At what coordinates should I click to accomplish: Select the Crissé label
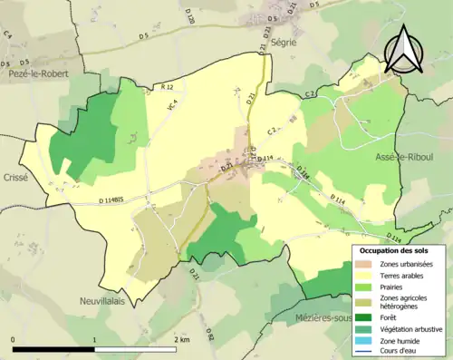tap(16, 178)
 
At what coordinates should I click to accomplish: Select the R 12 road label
tap(166, 86)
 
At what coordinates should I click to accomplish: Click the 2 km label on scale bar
tap(181, 340)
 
